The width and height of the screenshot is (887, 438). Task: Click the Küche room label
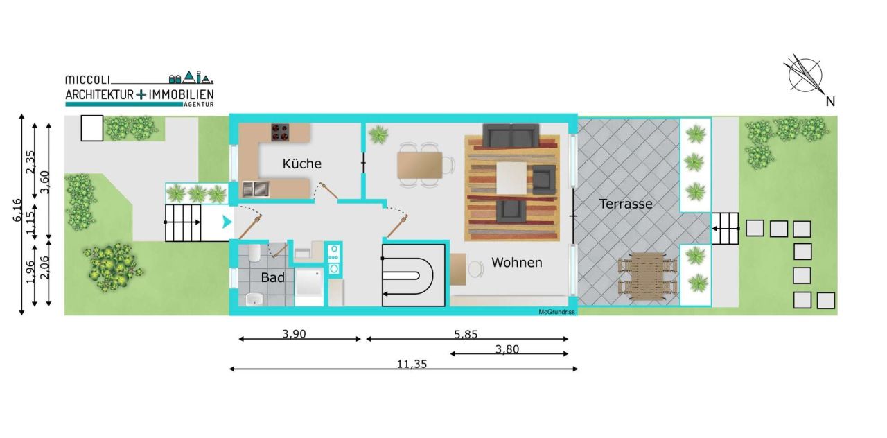click(301, 164)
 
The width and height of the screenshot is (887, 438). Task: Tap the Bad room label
click(272, 277)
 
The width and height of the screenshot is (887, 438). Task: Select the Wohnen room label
click(516, 263)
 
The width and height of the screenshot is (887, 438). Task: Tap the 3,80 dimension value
click(507, 349)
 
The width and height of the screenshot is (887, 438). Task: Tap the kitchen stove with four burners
click(279, 132)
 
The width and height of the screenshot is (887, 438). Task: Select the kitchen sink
click(254, 189)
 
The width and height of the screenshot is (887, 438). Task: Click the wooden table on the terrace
click(648, 276)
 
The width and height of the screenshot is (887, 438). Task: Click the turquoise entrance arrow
click(225, 222)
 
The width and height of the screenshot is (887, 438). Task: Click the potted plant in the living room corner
click(378, 134)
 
